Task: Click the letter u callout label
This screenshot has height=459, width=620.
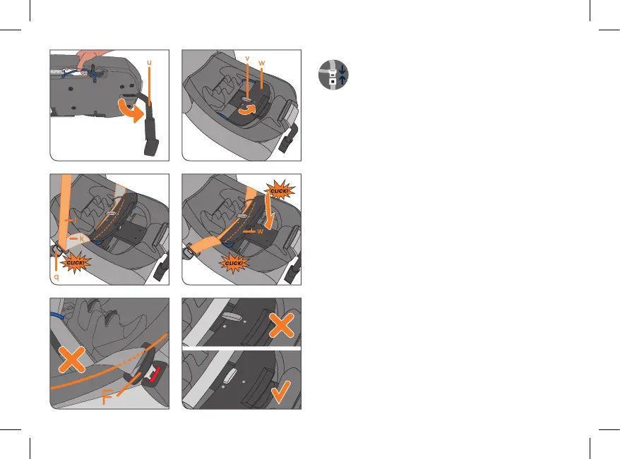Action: click(x=149, y=62)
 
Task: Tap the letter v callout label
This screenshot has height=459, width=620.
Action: click(x=247, y=59)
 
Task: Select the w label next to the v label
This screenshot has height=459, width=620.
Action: click(x=261, y=63)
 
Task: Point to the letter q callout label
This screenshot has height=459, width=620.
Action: click(x=56, y=277)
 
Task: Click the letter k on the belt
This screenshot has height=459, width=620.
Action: click(x=82, y=238)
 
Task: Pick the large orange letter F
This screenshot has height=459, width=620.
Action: click(x=107, y=397)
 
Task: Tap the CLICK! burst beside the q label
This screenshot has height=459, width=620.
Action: click(x=74, y=263)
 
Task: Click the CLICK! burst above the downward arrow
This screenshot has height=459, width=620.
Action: click(x=279, y=190)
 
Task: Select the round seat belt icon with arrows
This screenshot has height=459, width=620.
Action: click(x=333, y=75)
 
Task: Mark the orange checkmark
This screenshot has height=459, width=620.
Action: click(x=281, y=392)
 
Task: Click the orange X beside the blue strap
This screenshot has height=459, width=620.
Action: click(x=71, y=360)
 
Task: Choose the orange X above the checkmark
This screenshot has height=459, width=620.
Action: click(x=281, y=325)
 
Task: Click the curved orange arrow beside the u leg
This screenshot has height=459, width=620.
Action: click(x=131, y=111)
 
